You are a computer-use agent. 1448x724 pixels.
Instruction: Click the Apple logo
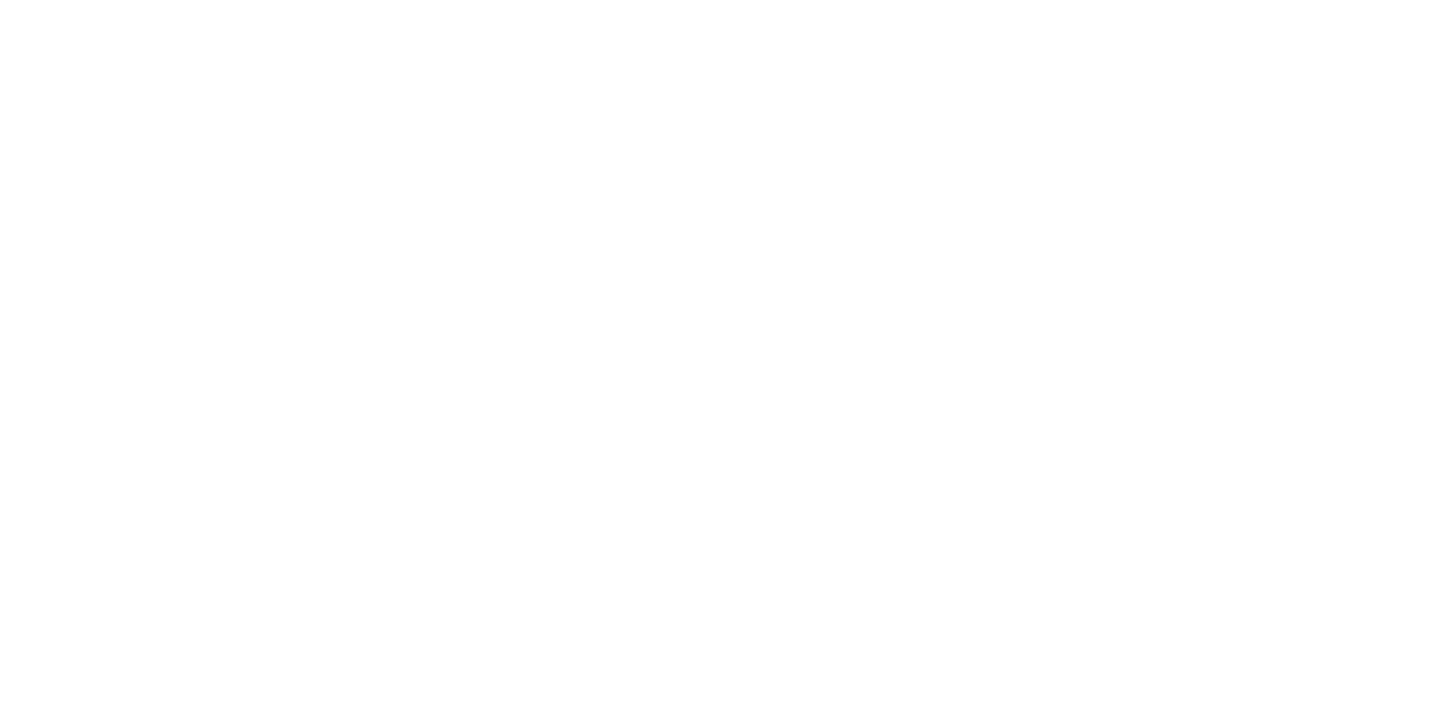pyautogui.click(x=249, y=145)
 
